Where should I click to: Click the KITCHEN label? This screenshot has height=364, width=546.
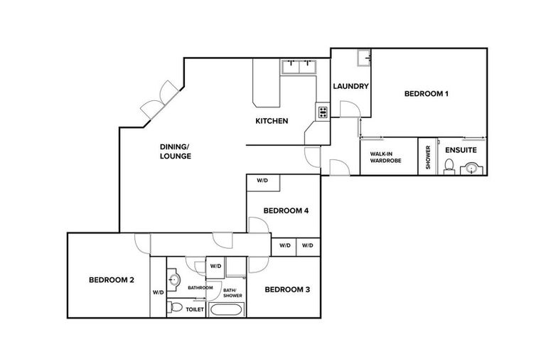pos(272,121)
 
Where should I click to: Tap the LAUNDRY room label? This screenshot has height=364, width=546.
pos(351,87)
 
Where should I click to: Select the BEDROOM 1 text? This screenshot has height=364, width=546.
pos(427,94)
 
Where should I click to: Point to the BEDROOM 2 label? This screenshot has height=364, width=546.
pos(112,280)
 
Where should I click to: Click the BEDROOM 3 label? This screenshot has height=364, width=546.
pos(287,289)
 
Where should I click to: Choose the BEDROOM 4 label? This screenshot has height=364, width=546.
pos(285,210)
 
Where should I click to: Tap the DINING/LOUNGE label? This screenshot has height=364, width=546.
pos(175,151)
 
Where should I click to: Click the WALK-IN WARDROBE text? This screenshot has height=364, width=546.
pos(385,157)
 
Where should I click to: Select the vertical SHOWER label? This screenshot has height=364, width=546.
pos(428,156)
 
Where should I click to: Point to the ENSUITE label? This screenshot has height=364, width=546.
pos(461,151)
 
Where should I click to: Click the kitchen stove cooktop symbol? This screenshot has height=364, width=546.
pos(323,112)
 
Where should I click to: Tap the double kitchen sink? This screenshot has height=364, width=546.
pos(299,67)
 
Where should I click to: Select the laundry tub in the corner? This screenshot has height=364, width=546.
pos(364,57)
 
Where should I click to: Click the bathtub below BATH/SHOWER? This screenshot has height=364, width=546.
pos(225,310)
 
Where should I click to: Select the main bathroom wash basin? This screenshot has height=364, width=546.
pos(176,279)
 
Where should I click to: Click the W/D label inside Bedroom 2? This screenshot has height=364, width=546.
pos(158,292)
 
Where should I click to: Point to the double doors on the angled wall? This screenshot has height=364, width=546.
pos(159,99)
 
